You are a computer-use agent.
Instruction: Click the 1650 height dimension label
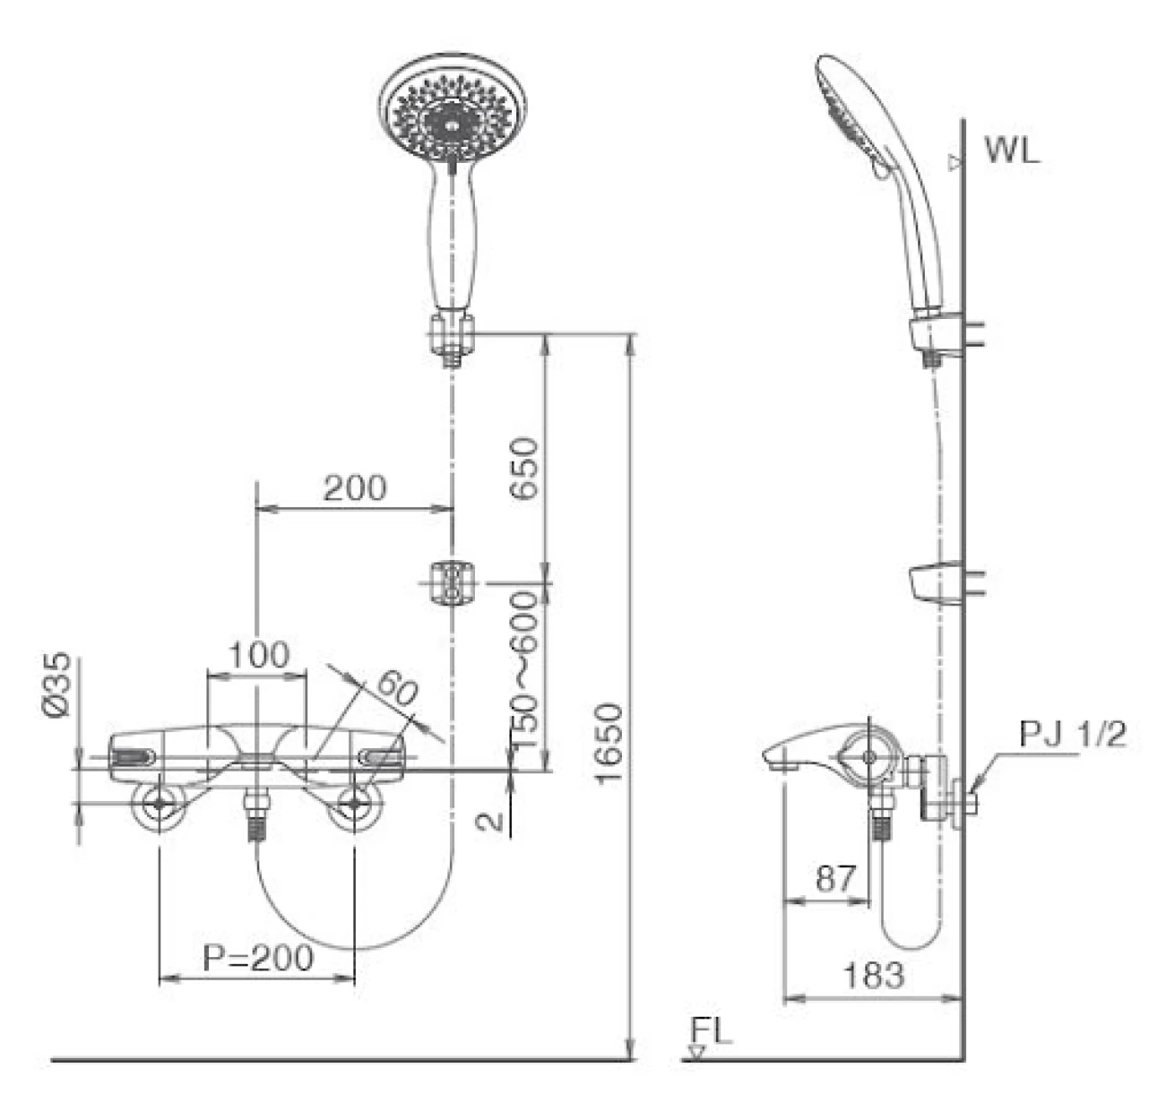pos(610,744)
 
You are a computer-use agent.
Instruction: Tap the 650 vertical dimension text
pos(525,468)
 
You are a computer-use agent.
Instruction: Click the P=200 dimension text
pos(258,957)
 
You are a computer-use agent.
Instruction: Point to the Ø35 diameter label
pos(58,685)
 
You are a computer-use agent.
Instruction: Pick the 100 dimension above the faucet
pos(258,655)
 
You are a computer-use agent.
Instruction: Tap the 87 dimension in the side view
pos(836,878)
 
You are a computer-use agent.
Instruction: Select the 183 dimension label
pos(874,976)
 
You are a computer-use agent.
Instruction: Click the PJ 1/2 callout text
pos(1073,735)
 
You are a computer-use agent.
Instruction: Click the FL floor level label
pos(712,1030)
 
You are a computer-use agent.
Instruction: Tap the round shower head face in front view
pos(454,107)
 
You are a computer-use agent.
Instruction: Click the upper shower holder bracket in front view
pos(453,333)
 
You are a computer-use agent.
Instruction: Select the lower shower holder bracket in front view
pos(452,582)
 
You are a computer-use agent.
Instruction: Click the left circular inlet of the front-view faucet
pos(159,803)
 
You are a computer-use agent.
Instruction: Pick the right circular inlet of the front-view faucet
pos(355,803)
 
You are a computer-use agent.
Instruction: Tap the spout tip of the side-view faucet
pos(777,760)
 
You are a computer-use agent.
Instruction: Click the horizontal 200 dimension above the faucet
pos(355,488)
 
